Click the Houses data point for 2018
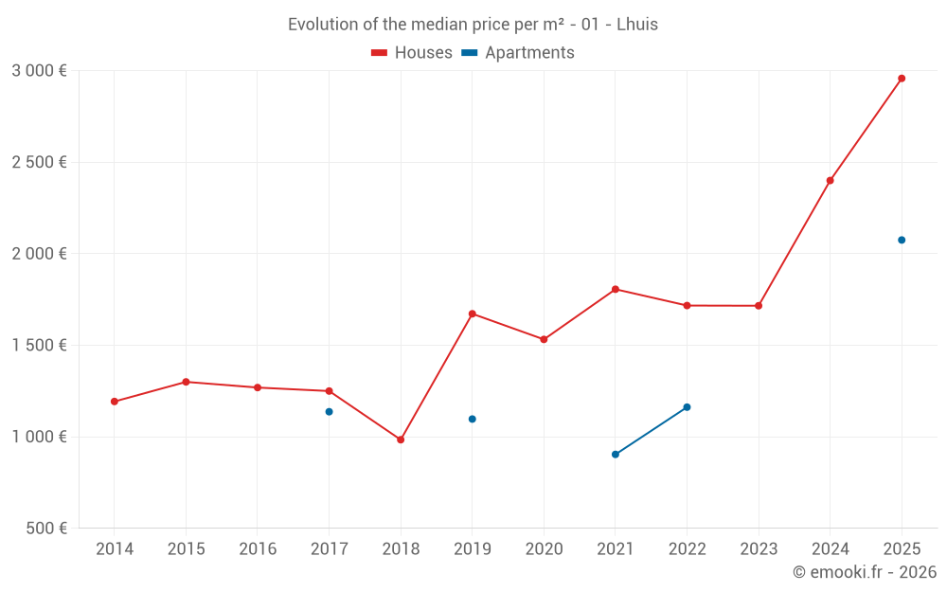pos(401,440)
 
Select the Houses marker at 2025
pos(902,79)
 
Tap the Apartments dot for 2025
pos(902,240)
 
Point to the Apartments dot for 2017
pos(329,412)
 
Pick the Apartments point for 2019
pos(472,419)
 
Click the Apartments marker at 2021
pos(616,455)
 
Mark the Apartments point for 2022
pos(687,407)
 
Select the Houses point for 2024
pos(830,180)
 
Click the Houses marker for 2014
pos(115,402)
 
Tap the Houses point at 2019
pos(472,314)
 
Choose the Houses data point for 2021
pos(616,289)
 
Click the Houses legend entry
pos(412,53)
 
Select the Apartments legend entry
pos(518,53)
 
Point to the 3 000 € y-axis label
pos(39,70)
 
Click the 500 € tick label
pos(45,528)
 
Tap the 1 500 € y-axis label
pos(39,345)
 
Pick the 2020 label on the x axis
pos(544,548)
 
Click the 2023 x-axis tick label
pos(759,548)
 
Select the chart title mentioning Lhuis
pos(473,25)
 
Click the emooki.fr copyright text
pos(864,572)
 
